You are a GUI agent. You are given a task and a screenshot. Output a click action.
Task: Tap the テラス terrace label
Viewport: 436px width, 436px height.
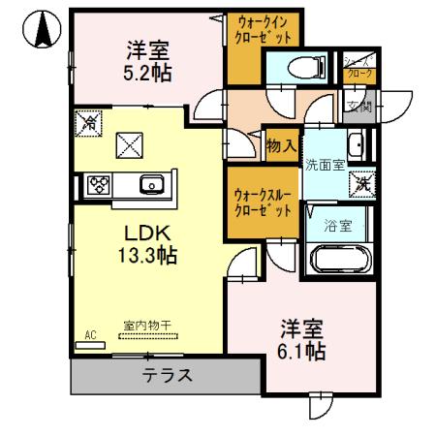(168, 376)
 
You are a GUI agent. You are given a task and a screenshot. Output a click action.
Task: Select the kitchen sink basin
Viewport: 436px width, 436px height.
(150, 184)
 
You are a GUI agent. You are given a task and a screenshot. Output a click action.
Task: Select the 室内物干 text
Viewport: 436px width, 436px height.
(145, 327)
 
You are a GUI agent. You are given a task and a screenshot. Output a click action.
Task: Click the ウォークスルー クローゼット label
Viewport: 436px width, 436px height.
(262, 202)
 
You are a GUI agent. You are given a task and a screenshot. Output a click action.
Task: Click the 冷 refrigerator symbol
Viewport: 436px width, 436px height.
(87, 123)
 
